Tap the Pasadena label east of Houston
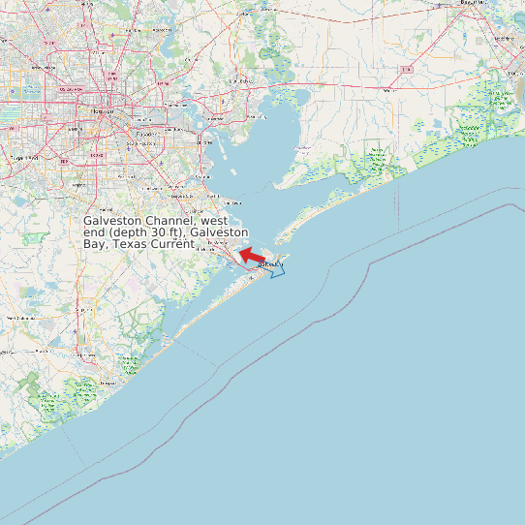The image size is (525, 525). (146, 133)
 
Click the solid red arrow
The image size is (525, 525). (251, 257)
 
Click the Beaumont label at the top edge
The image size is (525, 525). (474, 3)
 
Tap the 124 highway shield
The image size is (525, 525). (407, 70)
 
